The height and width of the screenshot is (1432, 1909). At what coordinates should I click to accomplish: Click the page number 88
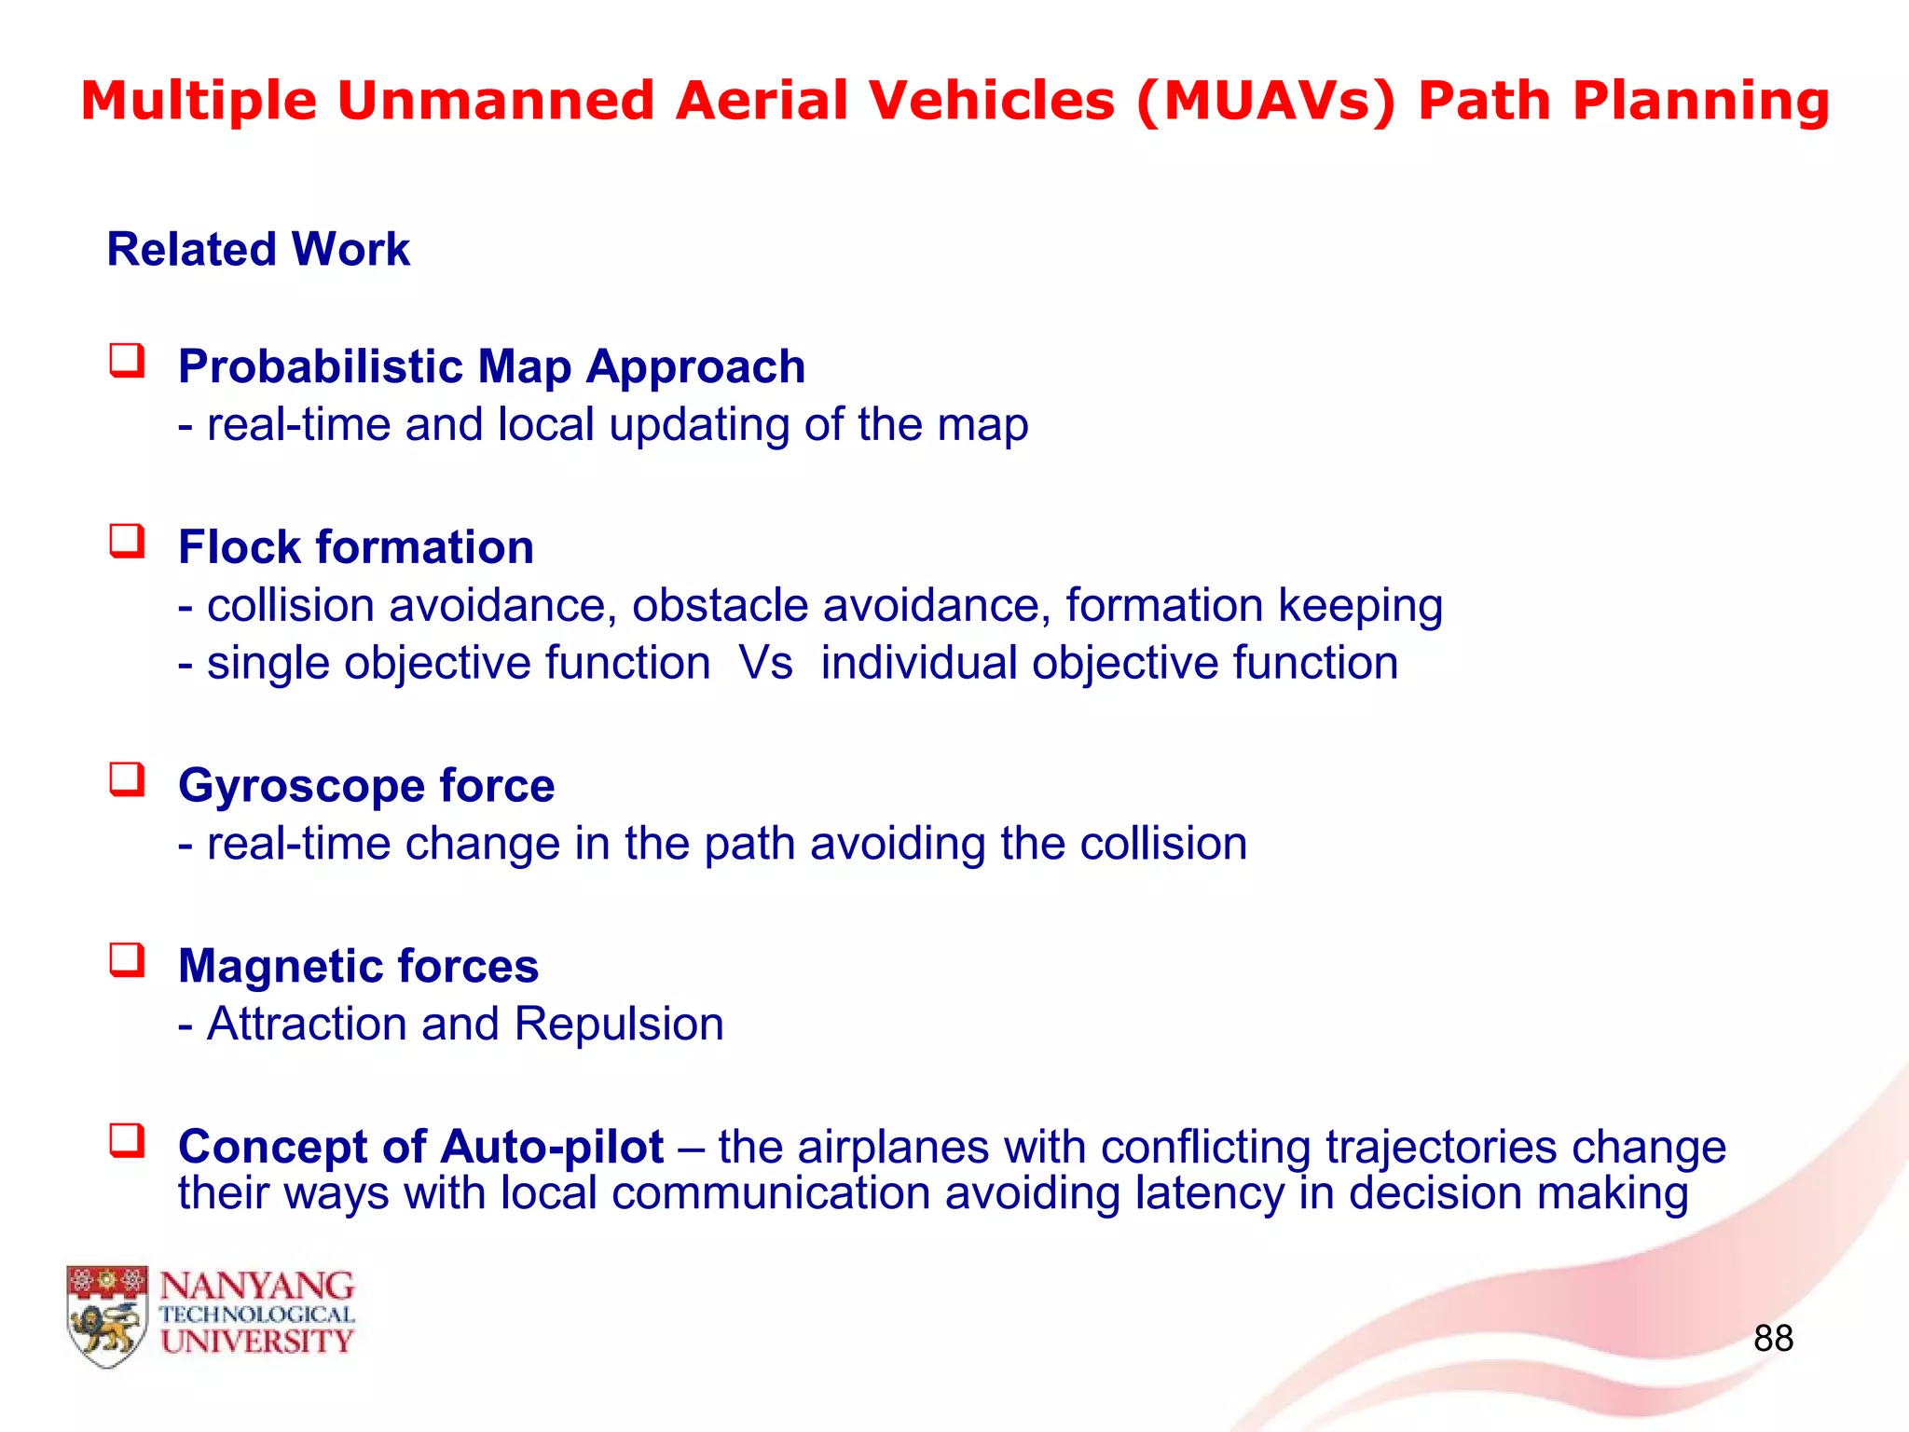coord(1772,1338)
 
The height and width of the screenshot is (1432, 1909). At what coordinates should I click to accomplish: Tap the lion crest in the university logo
coord(107,1315)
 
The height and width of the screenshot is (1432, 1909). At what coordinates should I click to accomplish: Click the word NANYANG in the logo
coord(257,1287)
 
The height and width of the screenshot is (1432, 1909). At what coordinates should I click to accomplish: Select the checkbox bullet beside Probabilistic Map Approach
coord(128,361)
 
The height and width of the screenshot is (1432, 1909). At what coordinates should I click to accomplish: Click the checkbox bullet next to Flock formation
coord(128,541)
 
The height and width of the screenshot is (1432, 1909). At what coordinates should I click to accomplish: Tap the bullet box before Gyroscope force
coord(128,779)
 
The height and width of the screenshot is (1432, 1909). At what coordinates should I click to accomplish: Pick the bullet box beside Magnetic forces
coord(128,960)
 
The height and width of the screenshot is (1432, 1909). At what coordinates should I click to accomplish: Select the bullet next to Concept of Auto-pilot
coord(128,1140)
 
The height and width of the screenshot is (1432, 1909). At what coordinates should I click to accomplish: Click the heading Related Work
coord(258,249)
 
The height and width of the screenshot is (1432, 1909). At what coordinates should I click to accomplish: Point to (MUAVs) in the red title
coord(1266,101)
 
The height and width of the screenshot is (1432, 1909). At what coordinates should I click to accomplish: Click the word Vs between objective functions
coord(765,663)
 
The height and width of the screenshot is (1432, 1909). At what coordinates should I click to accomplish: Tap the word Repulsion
coord(619,1024)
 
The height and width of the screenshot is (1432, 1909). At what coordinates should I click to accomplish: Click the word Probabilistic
coord(320,366)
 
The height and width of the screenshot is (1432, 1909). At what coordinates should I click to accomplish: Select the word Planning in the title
coord(1701,101)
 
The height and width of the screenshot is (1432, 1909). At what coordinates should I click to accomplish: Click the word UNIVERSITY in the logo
coord(257,1342)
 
